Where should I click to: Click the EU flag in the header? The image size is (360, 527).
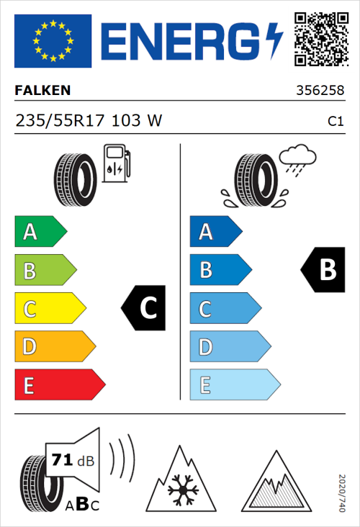[x=53, y=40]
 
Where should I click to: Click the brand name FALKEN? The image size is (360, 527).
[x=42, y=91]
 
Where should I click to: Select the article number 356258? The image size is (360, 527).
[x=320, y=91]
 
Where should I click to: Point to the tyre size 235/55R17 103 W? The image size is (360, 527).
[x=89, y=121]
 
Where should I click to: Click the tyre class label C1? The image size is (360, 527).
[x=335, y=122]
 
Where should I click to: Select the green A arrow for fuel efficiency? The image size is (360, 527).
[x=40, y=232]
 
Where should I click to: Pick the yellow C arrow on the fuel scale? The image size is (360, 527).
[x=50, y=308]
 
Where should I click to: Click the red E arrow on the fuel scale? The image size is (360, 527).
[x=59, y=384]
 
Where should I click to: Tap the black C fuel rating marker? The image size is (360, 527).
[x=145, y=308]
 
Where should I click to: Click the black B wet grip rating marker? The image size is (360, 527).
[x=324, y=270]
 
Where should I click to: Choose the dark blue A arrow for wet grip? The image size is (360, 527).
[x=215, y=232]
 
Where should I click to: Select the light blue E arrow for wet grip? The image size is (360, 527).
[x=234, y=384]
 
